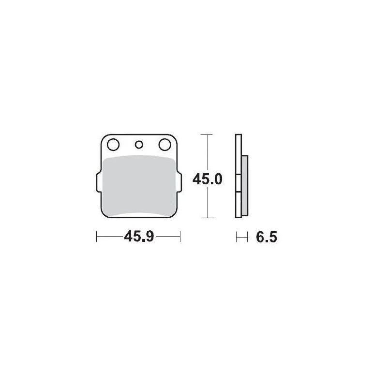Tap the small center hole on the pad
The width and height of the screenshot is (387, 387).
point(139,144)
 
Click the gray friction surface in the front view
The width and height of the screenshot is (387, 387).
point(139,186)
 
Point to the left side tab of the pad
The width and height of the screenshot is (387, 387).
point(98,186)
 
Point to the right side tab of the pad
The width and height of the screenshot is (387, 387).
point(180,186)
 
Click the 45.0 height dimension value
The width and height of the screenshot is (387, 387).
point(207,180)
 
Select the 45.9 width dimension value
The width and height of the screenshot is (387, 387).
point(139,237)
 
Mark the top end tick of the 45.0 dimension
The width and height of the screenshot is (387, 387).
point(207,134)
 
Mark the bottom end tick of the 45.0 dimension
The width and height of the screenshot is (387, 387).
point(207,218)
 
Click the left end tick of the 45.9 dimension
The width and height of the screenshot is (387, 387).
point(97,237)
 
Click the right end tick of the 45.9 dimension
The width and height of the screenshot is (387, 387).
point(180,237)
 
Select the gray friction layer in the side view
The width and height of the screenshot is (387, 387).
point(244,186)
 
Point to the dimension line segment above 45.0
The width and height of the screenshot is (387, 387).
point(207,152)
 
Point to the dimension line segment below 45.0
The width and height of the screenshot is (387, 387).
point(207,203)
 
